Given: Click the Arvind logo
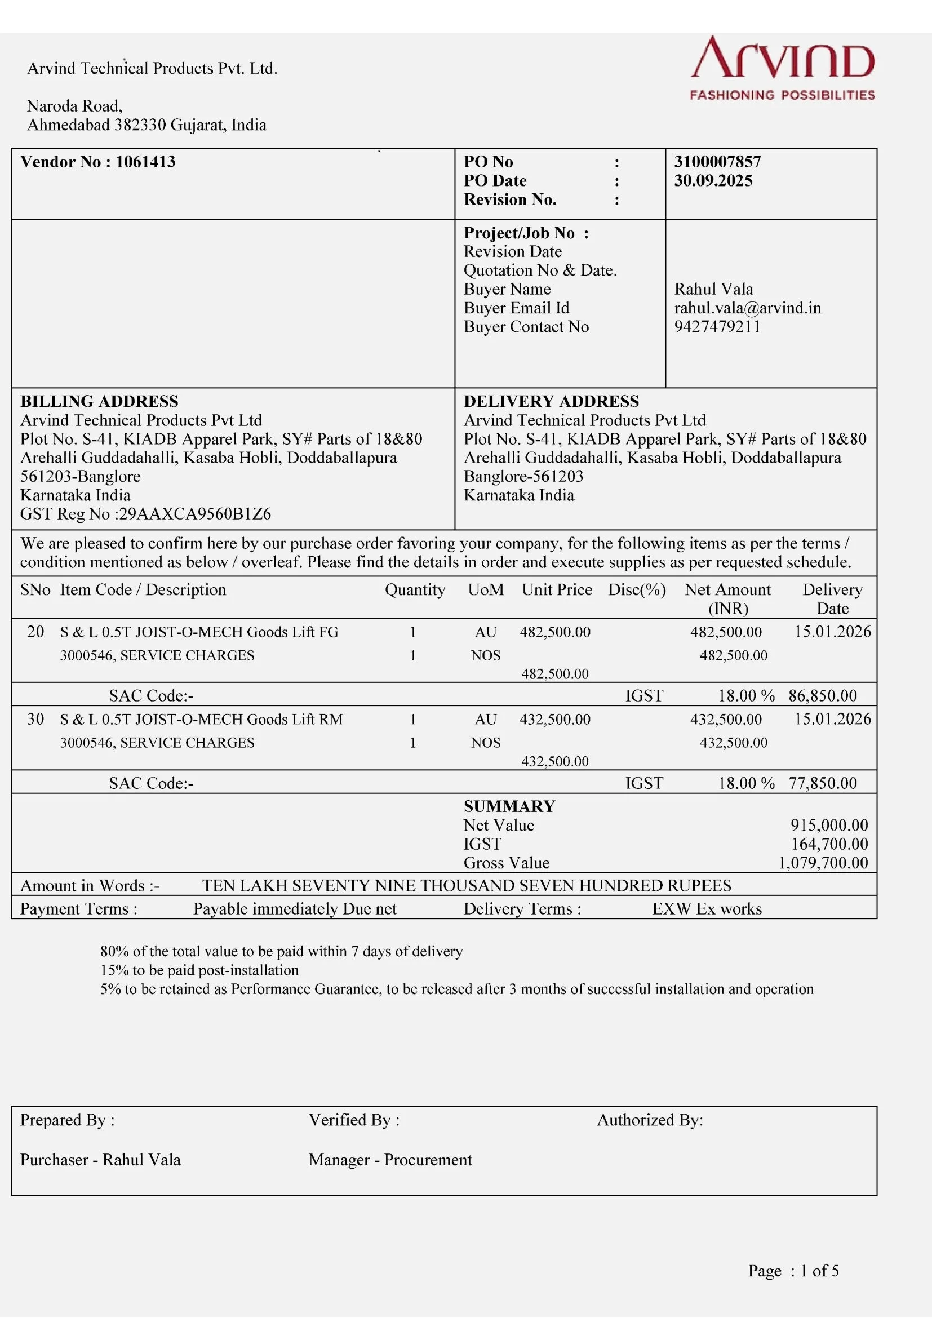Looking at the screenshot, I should coord(782,68).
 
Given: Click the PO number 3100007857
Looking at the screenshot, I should coord(717,162).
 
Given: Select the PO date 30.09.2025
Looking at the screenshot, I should coord(713,181).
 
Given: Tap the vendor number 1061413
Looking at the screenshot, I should coord(145,162).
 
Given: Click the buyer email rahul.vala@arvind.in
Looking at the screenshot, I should coord(747,308).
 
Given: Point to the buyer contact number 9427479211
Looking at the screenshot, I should coord(717,327).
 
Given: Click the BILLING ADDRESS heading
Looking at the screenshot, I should coord(99,401).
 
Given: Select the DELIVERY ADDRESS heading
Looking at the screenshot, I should coord(551,401).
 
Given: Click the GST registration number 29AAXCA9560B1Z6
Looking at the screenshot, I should coord(194,514).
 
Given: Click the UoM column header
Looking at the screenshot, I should coord(486,590).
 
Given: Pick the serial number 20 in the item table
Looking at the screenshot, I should coord(35,632).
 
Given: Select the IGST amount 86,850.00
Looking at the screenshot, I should coord(822,696).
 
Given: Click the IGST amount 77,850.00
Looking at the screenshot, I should coord(822,783).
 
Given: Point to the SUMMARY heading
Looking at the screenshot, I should coord(509,806).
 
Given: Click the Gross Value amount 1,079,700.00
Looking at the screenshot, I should coord(822,863).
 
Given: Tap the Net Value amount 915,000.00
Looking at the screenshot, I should coord(829,826).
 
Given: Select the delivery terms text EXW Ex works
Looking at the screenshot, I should coord(707,909).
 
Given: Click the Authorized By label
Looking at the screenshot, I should coord(650,1120).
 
